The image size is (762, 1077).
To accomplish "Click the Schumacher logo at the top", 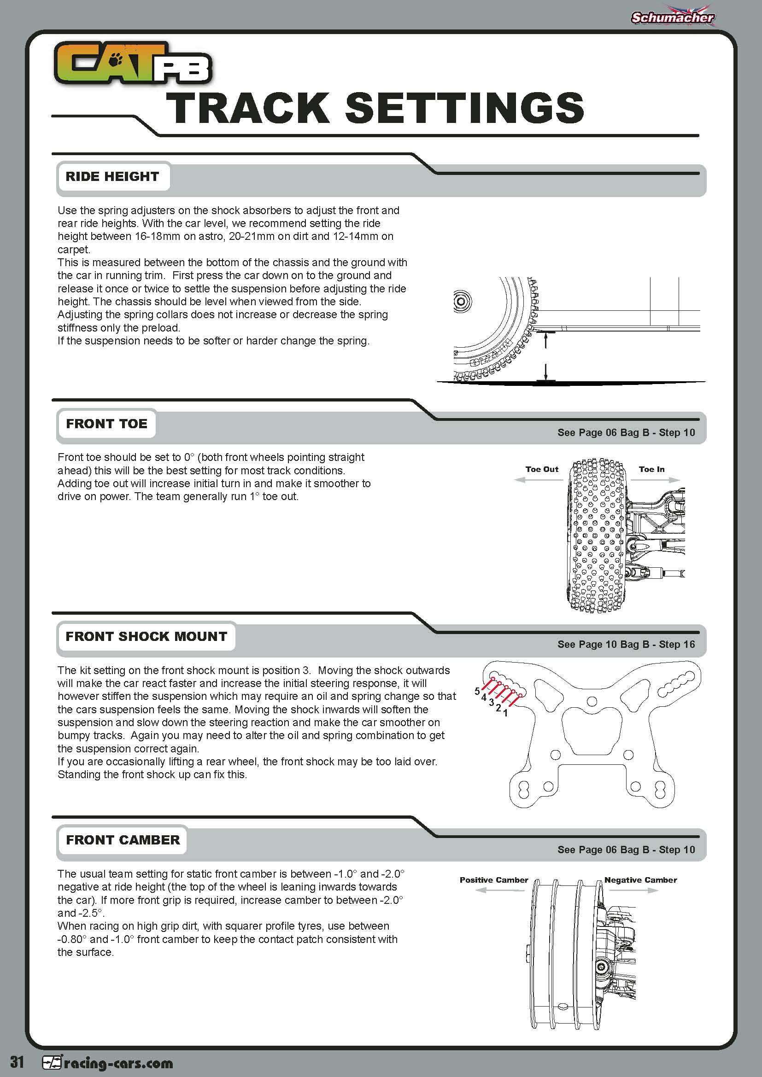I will (x=672, y=17).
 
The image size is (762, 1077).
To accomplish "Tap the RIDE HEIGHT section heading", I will (x=112, y=177).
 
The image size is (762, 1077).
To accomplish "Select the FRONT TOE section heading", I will (x=106, y=424).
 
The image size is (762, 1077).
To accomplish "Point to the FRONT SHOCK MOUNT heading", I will (x=146, y=636).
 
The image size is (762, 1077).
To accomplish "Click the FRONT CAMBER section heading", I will (x=123, y=840).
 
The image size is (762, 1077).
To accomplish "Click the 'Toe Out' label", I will (x=541, y=469).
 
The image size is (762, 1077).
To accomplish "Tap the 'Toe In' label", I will (x=651, y=469).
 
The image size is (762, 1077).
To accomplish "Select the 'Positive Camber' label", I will (x=493, y=880).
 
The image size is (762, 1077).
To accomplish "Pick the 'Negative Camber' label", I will (x=640, y=880).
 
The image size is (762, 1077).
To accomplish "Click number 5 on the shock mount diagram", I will (x=477, y=691).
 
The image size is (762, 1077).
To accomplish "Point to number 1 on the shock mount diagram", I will (x=505, y=713).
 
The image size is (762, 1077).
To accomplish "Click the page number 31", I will (x=17, y=1062).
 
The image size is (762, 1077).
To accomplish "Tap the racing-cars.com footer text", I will (x=118, y=1063).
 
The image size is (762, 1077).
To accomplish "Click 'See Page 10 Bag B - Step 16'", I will (x=626, y=645).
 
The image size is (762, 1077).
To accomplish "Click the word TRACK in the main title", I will (x=247, y=108).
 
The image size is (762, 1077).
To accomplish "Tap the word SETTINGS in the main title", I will (x=464, y=108).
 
